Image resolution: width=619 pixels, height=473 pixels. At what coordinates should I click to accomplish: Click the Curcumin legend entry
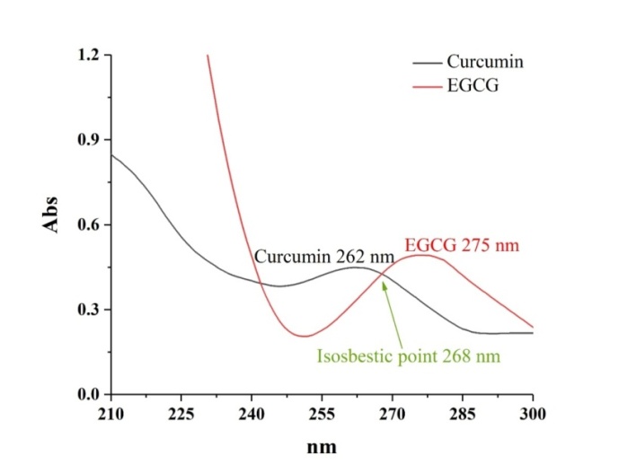[484, 63]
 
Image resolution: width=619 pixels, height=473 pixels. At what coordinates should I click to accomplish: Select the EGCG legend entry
[472, 87]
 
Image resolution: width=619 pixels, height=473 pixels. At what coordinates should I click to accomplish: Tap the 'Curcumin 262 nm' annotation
[324, 257]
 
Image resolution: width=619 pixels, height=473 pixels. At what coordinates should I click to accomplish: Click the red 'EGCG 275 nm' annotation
[462, 245]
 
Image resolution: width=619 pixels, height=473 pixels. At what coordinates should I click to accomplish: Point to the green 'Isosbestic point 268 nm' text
[408, 355]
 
